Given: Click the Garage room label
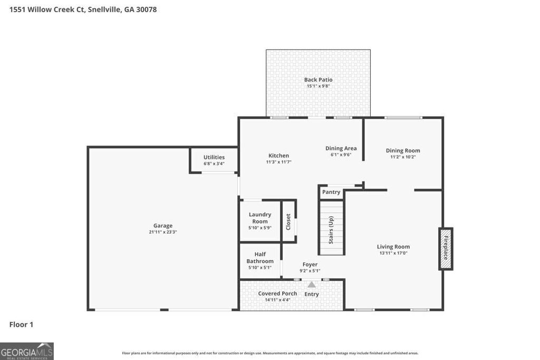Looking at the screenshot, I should coord(162,226).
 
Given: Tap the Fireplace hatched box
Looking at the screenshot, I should coord(446,249).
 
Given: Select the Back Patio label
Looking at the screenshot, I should coord(318,80).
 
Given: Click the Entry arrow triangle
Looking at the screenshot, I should coord(312,285).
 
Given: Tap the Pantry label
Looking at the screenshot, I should coord(331,192).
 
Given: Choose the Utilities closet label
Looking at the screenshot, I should coord(214,157).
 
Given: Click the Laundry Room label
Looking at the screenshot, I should coord(260,218).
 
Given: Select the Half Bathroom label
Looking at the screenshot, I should coord(260,258).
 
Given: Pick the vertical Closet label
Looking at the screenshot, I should coord(288,222).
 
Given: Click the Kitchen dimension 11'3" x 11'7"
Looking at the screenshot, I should coord(278,162).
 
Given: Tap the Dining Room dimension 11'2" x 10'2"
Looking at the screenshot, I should coord(403,157).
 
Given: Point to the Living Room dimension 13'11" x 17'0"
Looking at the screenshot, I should coord(393,253).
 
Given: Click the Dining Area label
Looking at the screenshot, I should coord(341,148).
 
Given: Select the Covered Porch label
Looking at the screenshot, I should coord(277,294).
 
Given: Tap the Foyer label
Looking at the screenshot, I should coord(310,265).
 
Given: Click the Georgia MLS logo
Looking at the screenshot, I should coord(27,351).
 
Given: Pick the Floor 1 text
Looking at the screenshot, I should coord(21,325).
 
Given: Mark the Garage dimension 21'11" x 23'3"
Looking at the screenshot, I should coord(162,232).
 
